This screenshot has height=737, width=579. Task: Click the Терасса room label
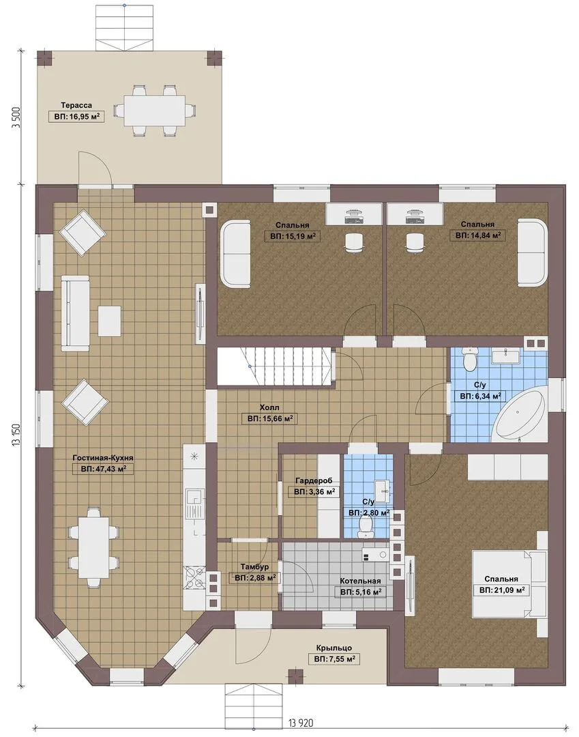tap(76, 105)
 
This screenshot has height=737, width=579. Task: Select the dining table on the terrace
tap(153, 111)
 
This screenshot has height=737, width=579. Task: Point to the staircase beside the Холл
tap(275, 366)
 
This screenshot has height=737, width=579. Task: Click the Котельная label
tap(360, 581)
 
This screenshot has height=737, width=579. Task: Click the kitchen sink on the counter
tap(194, 498)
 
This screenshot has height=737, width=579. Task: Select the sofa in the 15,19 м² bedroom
tap(236, 255)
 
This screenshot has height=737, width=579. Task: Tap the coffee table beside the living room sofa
tap(109, 321)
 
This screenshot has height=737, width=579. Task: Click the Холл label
tap(269, 407)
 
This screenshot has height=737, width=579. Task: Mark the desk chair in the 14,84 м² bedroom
tap(414, 243)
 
